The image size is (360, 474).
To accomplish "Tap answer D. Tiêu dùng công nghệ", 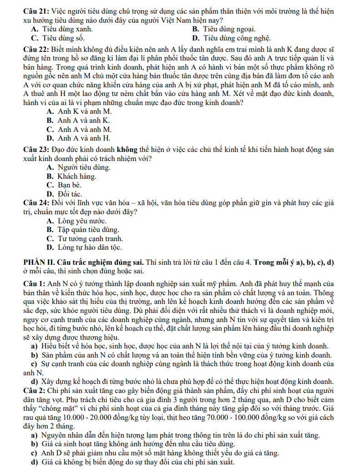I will click(232, 38).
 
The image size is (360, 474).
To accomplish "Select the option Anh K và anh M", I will click(79, 111).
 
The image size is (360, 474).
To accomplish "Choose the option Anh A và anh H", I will click(78, 138).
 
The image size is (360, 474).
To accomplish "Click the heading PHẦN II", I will click(40, 262).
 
